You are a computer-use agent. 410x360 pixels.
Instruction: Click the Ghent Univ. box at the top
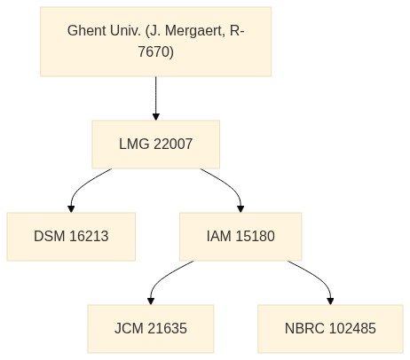(x=155, y=42)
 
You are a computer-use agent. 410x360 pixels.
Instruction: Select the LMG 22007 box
(x=155, y=145)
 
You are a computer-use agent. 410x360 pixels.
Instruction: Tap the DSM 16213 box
(x=71, y=237)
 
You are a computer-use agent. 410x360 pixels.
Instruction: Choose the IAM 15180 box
(x=240, y=237)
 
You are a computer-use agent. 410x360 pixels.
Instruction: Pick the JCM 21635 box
(x=151, y=329)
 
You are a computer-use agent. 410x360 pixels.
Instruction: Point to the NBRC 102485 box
(x=330, y=329)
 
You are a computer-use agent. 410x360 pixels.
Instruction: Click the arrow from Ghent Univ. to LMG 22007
(x=156, y=98)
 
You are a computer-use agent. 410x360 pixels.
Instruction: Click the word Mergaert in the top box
(x=193, y=31)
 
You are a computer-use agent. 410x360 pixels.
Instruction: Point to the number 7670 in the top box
(x=154, y=51)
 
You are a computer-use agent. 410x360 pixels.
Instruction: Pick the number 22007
(x=173, y=145)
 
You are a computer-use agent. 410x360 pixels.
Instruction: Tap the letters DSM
(x=50, y=237)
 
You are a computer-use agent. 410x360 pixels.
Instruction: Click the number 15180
(x=256, y=237)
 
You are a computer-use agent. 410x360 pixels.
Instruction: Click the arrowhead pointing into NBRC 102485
(x=330, y=301)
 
